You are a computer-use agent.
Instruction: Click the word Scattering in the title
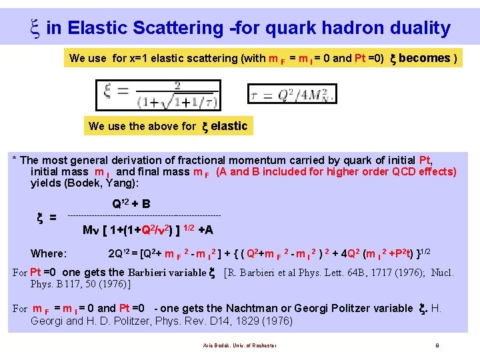click(x=179, y=28)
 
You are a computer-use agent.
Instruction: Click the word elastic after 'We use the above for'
click(x=229, y=126)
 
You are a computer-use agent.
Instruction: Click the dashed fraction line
click(x=145, y=215)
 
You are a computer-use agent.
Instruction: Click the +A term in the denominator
click(x=205, y=230)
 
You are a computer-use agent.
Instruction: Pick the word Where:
click(x=49, y=253)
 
